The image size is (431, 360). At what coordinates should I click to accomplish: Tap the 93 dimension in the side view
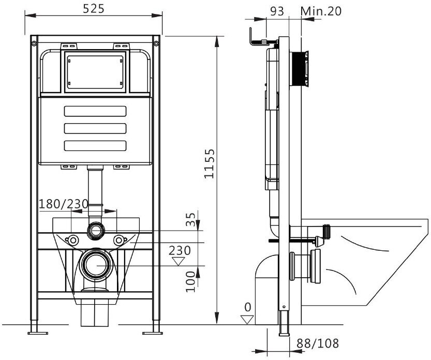click(277, 11)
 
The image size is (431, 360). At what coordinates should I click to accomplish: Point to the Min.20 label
click(322, 11)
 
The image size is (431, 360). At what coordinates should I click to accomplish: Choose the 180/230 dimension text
click(64, 204)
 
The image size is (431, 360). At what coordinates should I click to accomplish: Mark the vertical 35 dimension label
click(191, 220)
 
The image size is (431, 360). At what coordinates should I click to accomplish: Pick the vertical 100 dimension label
click(191, 280)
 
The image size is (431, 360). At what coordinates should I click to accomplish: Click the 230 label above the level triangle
click(180, 250)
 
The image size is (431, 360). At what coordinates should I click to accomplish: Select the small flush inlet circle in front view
click(95, 230)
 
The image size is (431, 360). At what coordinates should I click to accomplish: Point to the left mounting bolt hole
click(72, 240)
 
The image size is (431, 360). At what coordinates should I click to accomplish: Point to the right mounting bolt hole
click(120, 240)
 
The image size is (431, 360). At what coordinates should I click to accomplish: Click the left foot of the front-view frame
click(35, 328)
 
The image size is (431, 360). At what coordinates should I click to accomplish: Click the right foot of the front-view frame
click(155, 328)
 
